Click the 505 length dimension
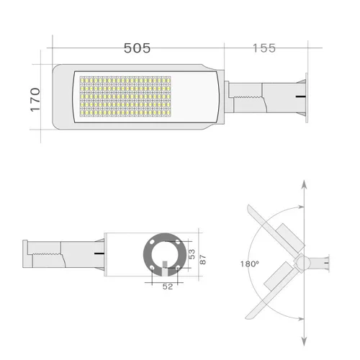tap(137, 48)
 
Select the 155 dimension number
tap(264, 48)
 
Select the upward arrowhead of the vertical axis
tap(304, 186)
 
